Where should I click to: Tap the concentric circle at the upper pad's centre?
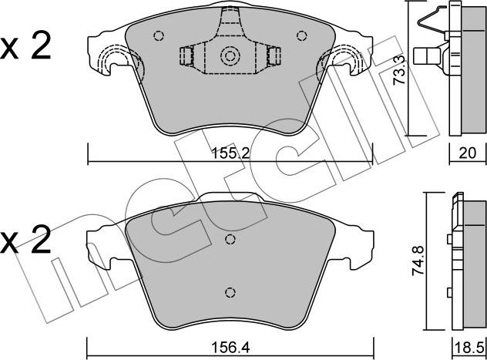pos(229,56)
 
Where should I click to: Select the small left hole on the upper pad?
pos(159,35)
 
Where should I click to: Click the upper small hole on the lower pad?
pos(229,239)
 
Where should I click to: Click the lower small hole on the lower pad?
pos(229,291)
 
